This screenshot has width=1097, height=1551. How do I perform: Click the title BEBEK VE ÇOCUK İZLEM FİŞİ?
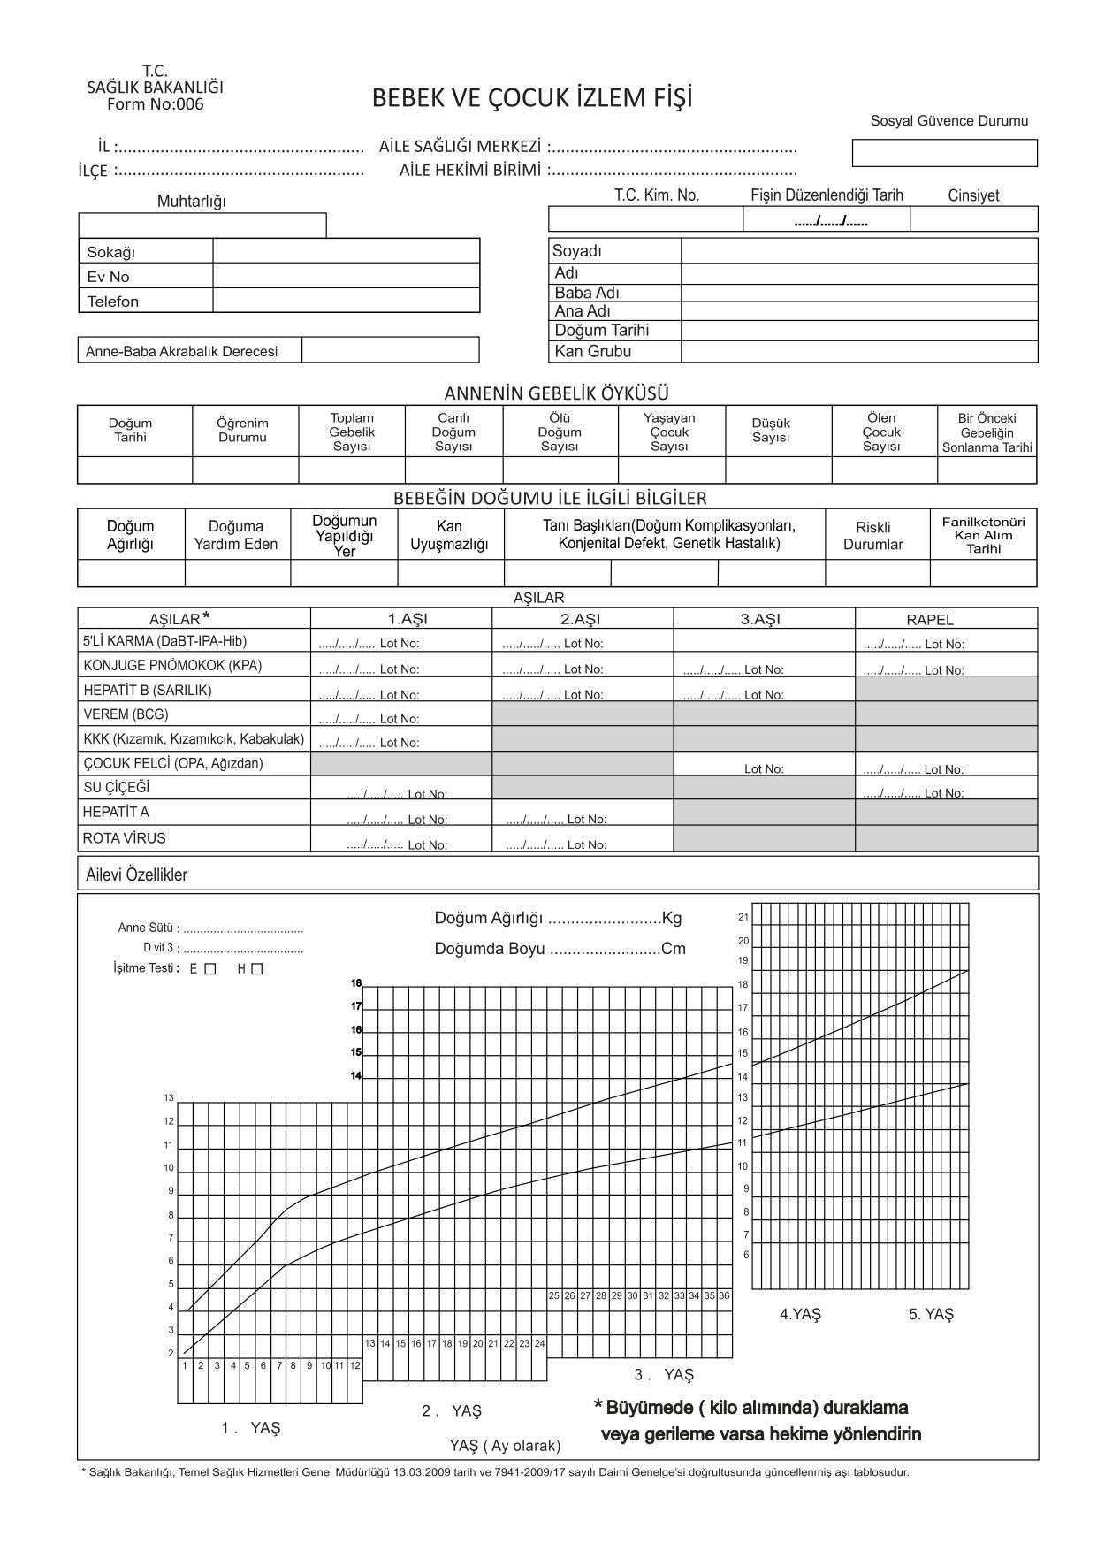click(x=531, y=98)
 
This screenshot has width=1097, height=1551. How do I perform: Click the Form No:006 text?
click(x=155, y=104)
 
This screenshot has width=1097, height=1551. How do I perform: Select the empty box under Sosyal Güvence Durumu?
click(x=944, y=153)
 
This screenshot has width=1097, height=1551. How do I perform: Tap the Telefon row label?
click(x=113, y=302)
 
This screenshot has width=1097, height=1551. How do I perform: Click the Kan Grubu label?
click(x=592, y=351)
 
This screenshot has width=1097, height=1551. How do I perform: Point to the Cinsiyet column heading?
click(x=973, y=195)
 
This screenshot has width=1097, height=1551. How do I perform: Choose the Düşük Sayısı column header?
click(x=771, y=431)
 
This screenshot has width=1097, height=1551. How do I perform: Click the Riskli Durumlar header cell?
click(x=872, y=536)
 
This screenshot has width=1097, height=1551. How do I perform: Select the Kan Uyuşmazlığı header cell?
click(x=449, y=536)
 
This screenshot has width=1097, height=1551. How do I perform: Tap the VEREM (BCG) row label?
click(x=126, y=714)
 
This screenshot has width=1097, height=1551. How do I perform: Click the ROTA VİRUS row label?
click(x=124, y=837)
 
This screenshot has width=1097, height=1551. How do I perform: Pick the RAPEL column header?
click(x=930, y=620)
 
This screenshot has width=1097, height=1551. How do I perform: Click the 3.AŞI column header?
click(x=760, y=619)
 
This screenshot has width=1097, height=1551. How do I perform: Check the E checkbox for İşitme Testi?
click(x=209, y=969)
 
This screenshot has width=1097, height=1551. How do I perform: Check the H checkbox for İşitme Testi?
click(x=257, y=969)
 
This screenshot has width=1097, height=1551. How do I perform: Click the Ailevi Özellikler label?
click(x=137, y=875)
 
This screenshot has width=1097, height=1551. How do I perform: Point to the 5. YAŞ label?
click(x=931, y=1314)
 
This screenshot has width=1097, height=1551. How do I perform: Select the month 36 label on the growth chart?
click(x=724, y=1295)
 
